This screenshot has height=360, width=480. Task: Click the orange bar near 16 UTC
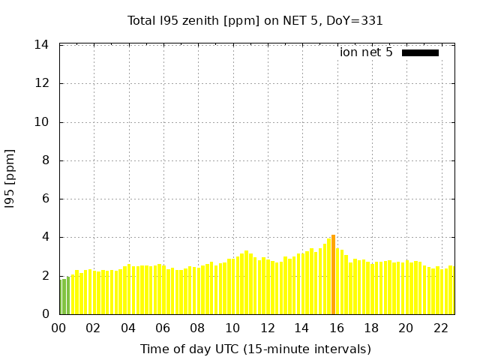coord(333,274)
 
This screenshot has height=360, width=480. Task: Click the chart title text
coord(255,20)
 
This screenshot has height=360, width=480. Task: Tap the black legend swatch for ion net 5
coord(420,52)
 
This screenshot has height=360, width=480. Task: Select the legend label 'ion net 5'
coord(366,52)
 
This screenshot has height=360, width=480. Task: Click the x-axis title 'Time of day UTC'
coord(255,349)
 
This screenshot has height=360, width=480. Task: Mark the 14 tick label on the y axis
coord(42,45)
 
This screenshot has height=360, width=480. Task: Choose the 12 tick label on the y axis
coord(42,83)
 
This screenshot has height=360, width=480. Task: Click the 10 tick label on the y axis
coord(42,122)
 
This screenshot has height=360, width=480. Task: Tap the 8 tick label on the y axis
coord(45,160)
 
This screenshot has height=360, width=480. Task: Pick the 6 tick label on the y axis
coord(45,199)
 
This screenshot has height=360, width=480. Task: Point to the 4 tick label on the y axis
coord(45,238)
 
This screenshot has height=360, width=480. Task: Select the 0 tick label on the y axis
coord(45,314)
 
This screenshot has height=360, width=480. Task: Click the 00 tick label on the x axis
coord(58,328)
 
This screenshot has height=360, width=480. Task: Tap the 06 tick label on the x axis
coord(163,328)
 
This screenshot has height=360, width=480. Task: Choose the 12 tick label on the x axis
coord(267,328)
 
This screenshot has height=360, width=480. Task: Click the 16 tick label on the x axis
coord(336,328)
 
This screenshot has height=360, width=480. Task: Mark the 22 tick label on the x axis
coord(440,328)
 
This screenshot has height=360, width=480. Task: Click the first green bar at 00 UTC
coord(61,297)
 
